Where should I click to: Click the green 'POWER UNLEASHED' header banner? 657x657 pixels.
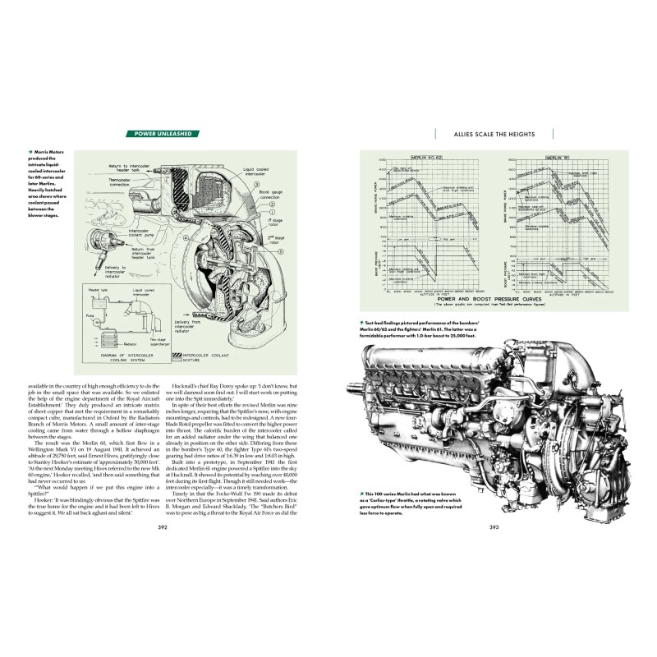click(166, 134)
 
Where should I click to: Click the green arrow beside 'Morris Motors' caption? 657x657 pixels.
click(30, 151)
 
